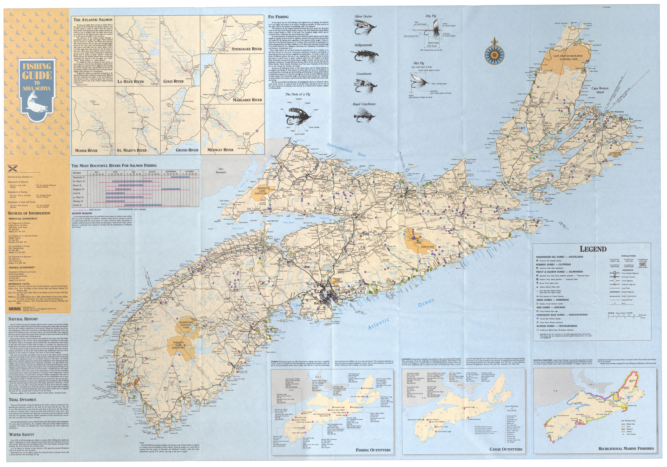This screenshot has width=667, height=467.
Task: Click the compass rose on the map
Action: click(494, 54)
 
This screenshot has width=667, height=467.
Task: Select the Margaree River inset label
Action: click(247, 100)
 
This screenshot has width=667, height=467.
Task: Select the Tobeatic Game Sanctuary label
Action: click(178, 345)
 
